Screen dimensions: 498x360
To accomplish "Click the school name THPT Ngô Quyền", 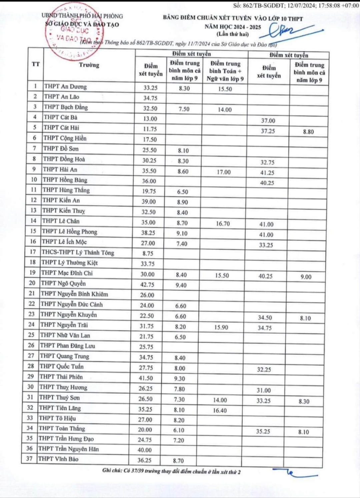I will point(63,283).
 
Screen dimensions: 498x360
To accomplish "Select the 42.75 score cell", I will point(147,285).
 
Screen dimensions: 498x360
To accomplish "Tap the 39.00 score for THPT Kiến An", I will point(148,202).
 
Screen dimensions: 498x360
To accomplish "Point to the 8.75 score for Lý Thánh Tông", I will point(148,253).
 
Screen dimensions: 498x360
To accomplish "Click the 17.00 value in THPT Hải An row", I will point(224,172).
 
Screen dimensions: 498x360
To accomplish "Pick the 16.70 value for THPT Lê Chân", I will point(223,224).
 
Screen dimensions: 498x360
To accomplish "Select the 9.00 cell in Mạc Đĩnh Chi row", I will point(306,277).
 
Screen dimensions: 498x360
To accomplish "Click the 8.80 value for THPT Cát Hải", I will point(308,132).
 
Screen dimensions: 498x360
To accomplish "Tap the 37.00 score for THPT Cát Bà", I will point(268,121).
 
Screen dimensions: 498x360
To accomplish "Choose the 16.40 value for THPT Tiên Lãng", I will point(220,410).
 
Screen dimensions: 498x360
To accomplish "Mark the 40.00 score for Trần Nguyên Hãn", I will point(145,450).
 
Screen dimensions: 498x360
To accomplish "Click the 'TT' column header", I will point(36,64).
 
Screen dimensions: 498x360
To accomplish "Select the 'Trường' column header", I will point(89,65).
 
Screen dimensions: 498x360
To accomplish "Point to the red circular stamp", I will point(74,32).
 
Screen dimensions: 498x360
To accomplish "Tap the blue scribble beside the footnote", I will point(293,472).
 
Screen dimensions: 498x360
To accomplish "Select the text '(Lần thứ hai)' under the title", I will point(233,34).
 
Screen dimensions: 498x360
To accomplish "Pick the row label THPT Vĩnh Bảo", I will point(58,459).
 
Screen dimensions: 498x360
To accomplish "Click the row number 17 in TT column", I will point(33,252).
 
